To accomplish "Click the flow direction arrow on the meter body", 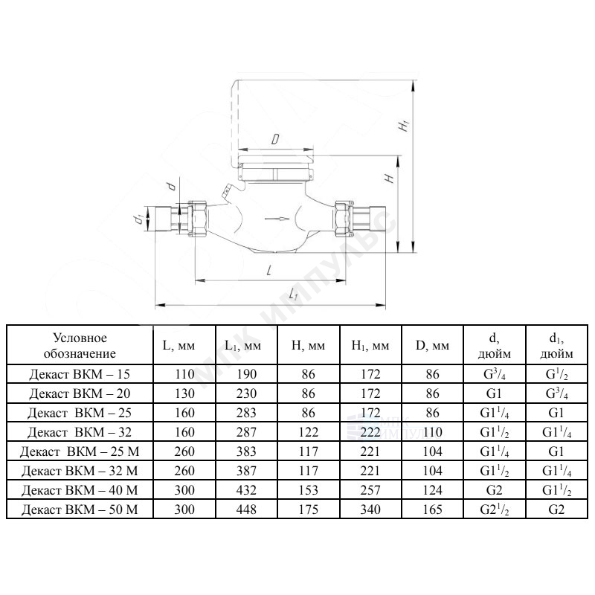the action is [x=277, y=219].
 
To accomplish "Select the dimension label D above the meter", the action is [x=275, y=139].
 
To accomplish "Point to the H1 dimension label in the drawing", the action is [x=404, y=126].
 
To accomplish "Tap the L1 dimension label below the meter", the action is [x=293, y=294].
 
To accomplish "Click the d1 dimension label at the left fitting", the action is [x=138, y=219].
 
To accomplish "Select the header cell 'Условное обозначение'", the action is [x=80, y=345].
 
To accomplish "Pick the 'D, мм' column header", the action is [x=432, y=345].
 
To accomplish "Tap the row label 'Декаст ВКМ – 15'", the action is [x=80, y=374].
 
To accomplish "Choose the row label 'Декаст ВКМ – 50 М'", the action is [x=80, y=509].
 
